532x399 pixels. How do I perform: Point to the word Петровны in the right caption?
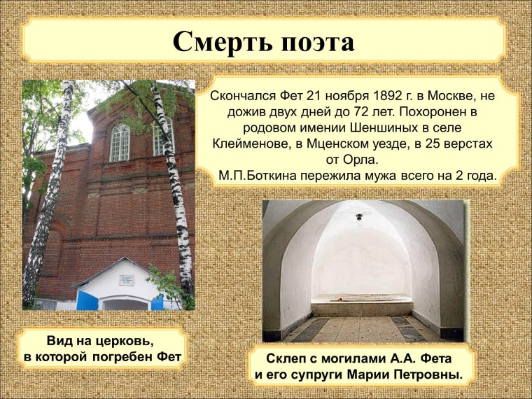coord(423,374)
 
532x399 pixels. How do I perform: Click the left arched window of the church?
coord(120,142)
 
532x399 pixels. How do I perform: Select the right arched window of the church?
coord(162,137)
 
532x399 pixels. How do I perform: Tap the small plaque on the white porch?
coord(126,281)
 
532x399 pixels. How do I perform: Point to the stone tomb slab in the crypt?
coord(361,300)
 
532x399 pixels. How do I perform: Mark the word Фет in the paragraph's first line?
coord(276,96)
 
